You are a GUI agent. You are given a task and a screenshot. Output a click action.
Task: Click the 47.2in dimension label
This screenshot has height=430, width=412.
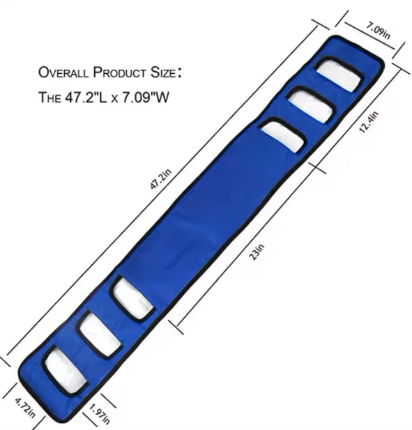click(x=161, y=179)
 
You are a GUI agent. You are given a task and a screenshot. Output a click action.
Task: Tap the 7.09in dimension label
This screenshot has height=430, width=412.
click(x=378, y=30)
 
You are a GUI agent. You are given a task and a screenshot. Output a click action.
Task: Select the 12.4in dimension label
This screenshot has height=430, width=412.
click(x=369, y=122)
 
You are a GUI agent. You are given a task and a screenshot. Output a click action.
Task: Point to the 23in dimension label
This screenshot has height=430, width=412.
click(x=257, y=252)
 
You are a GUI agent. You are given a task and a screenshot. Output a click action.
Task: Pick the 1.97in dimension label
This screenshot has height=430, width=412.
click(x=100, y=415)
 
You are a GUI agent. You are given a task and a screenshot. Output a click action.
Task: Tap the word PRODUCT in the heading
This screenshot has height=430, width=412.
click(x=119, y=72)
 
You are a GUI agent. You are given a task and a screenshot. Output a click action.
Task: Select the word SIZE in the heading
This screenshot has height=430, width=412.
click(x=162, y=72)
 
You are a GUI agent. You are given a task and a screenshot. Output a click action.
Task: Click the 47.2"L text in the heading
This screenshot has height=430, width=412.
click(x=86, y=97)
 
